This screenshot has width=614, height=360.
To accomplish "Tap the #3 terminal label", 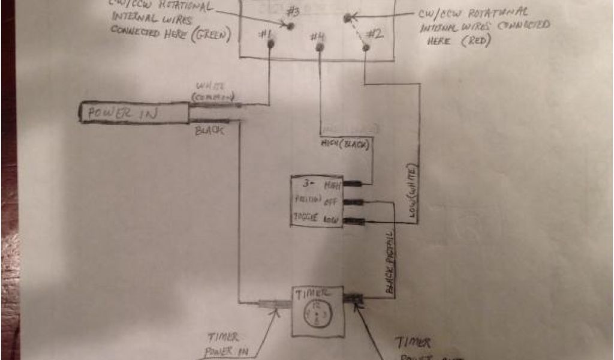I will [293, 12].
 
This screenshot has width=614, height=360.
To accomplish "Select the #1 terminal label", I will [265, 34].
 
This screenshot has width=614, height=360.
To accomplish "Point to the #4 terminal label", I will [318, 37].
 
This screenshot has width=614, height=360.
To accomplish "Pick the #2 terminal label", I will [374, 34].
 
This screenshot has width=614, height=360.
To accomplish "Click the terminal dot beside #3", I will [290, 26].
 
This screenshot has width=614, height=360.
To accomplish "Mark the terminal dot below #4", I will [321, 47].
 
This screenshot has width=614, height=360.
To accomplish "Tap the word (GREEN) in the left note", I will [210, 34].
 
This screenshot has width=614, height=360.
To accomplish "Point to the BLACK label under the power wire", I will [209, 130].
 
